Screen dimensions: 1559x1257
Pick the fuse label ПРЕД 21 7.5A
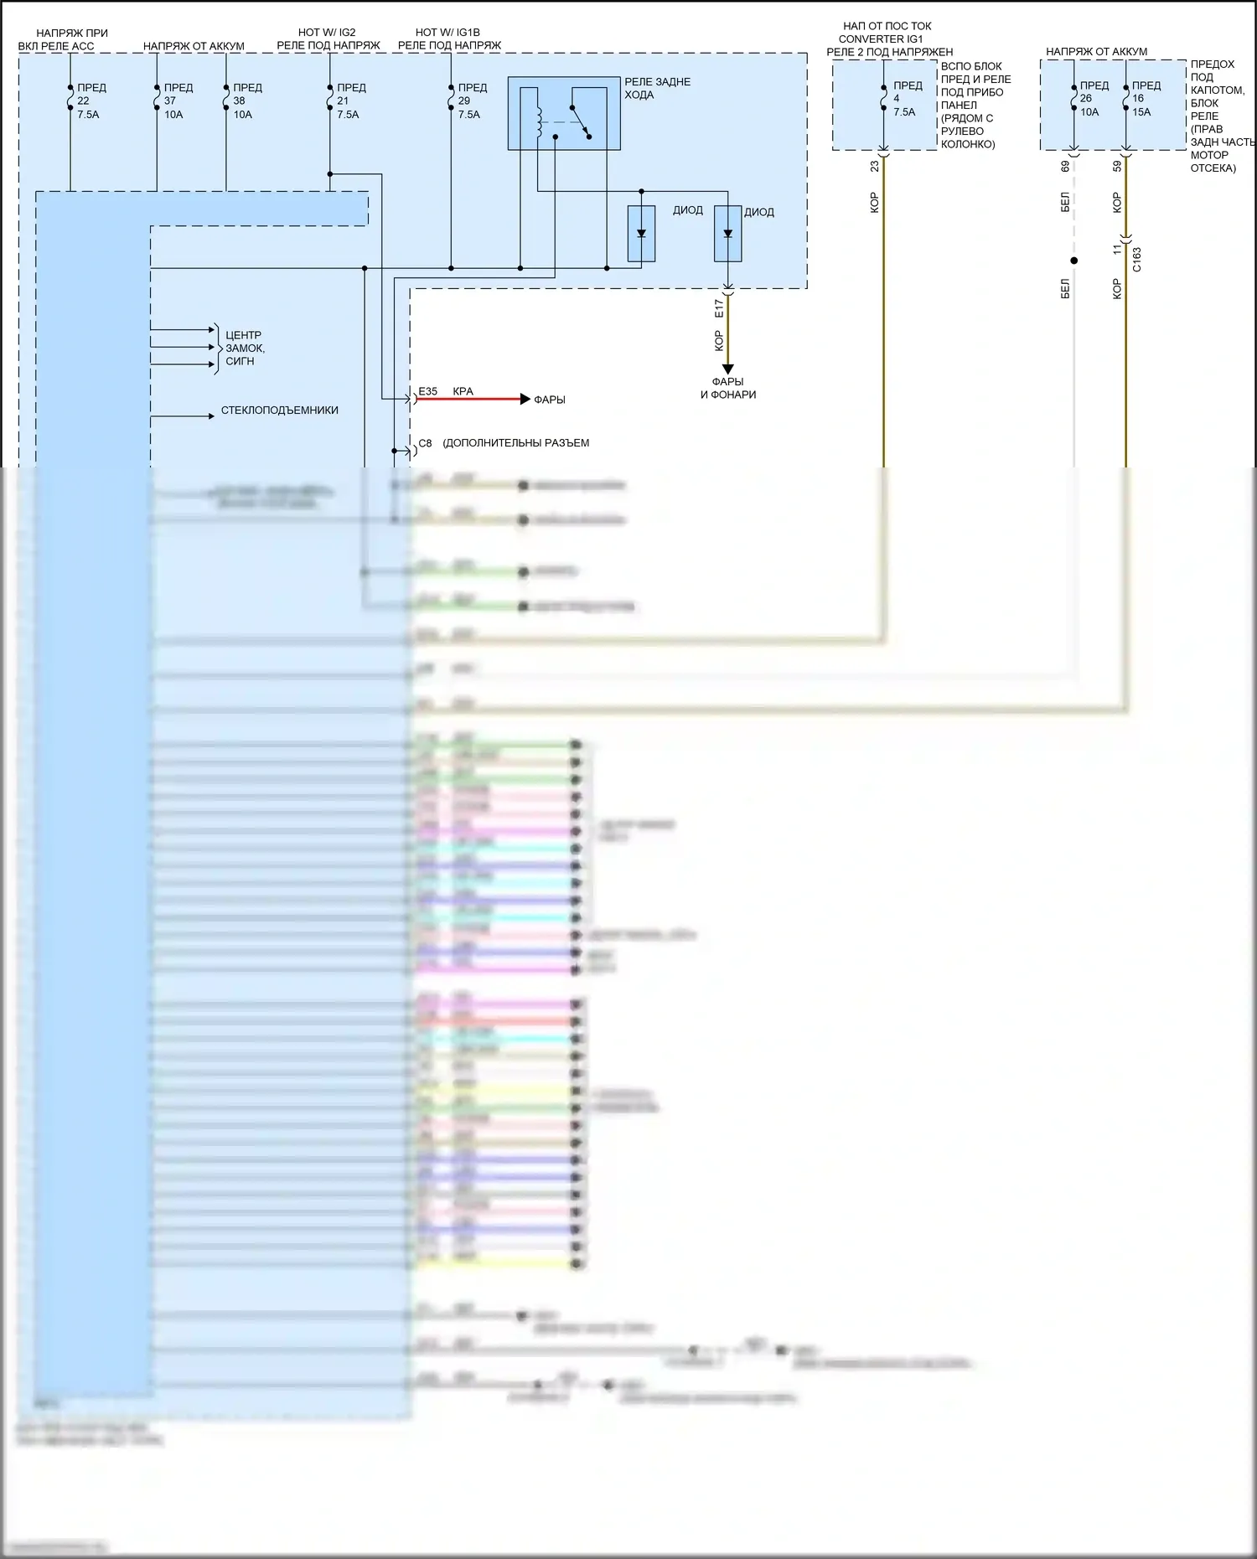(349, 101)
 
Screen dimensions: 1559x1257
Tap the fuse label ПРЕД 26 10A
(1092, 99)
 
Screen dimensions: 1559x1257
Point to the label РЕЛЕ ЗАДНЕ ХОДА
(657, 88)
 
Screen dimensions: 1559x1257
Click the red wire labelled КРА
(469, 399)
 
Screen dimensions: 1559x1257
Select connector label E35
(427, 391)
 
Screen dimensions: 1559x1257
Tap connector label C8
(425, 443)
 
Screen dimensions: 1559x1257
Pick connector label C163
(1136, 259)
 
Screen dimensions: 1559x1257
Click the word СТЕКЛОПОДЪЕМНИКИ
(279, 410)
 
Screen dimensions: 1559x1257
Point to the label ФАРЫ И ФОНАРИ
(728, 388)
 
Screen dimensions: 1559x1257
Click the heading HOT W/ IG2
(327, 33)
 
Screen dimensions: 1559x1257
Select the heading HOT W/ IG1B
(447, 33)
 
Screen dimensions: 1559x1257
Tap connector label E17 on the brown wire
(718, 308)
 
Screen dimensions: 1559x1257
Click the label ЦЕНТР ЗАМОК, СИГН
(244, 348)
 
